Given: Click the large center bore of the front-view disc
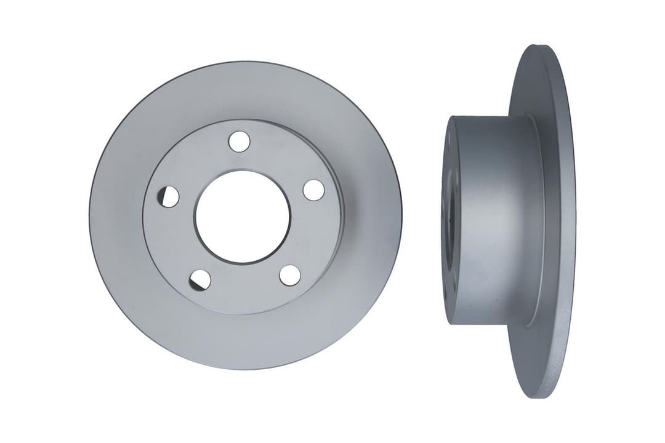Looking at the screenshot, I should coord(242,217).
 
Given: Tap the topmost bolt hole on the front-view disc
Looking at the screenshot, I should coord(239,141).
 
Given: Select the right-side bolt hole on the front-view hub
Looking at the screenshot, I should coord(313,190).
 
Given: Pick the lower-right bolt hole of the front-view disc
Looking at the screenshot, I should coord(290,275).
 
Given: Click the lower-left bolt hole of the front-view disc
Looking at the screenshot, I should coord(199,280).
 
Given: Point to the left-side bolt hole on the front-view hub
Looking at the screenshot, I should coord(168,197).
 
